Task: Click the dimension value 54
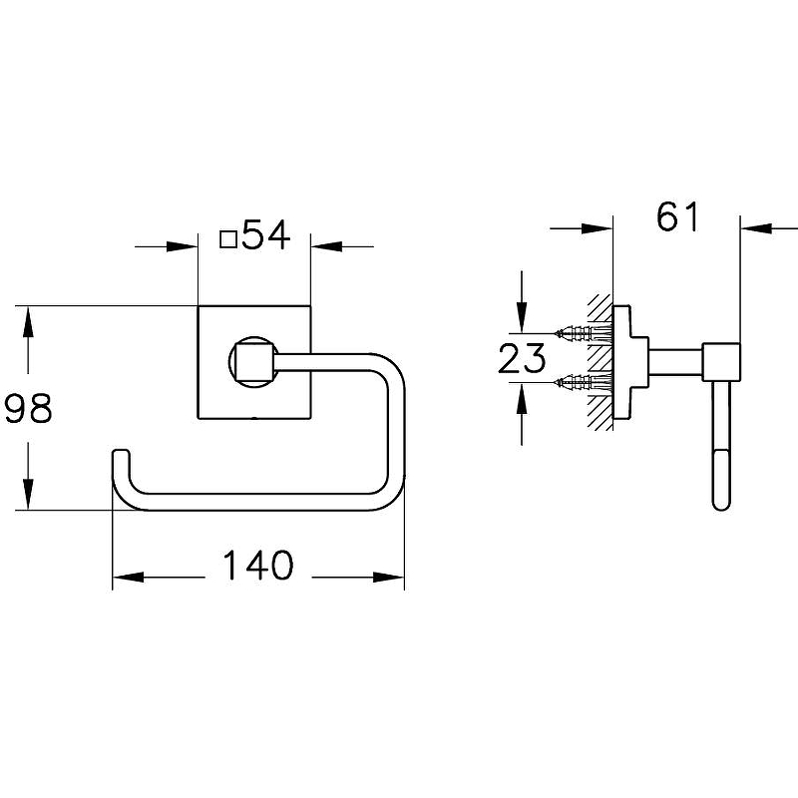266,234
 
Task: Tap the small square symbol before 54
228,238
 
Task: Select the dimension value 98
28,408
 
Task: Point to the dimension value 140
258,566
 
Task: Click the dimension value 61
678,216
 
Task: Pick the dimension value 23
522,358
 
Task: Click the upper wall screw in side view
583,333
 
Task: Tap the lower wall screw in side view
583,381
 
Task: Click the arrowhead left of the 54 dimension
182,246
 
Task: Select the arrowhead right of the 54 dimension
326,246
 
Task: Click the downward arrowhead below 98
28,494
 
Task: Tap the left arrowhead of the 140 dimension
128,578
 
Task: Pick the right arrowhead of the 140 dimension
389,578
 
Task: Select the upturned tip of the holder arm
121,456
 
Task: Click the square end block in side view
721,362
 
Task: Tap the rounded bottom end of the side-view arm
721,503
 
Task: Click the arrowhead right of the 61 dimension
756,228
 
